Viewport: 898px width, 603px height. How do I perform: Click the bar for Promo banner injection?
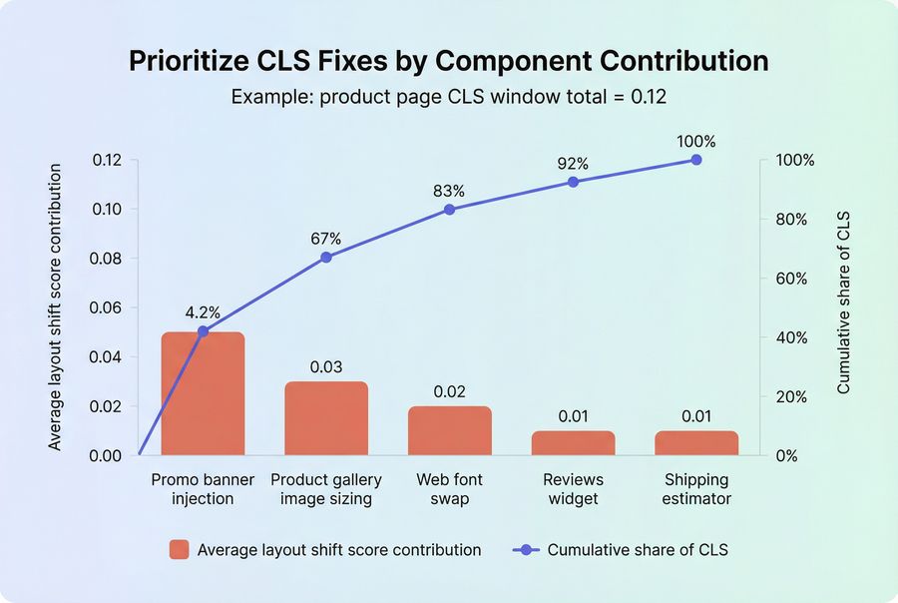203,394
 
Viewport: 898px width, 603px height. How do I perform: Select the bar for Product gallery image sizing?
326,418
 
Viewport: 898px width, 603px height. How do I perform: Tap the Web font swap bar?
449,430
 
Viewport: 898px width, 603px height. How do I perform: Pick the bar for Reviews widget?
573,443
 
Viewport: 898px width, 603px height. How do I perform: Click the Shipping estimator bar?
696,443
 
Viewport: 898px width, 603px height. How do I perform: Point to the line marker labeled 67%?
326,258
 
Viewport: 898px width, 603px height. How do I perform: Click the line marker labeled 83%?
449,210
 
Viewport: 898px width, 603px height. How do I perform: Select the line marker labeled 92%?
573,182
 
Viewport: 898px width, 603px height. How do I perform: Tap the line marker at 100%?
696,160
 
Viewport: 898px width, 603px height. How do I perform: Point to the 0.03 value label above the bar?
326,366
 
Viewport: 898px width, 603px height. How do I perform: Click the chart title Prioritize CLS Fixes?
449,61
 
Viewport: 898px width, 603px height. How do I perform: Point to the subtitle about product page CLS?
449,97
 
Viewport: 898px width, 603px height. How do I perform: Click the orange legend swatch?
180,549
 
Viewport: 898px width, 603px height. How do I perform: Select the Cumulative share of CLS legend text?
638,549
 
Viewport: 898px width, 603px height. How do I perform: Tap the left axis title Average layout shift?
55,306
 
